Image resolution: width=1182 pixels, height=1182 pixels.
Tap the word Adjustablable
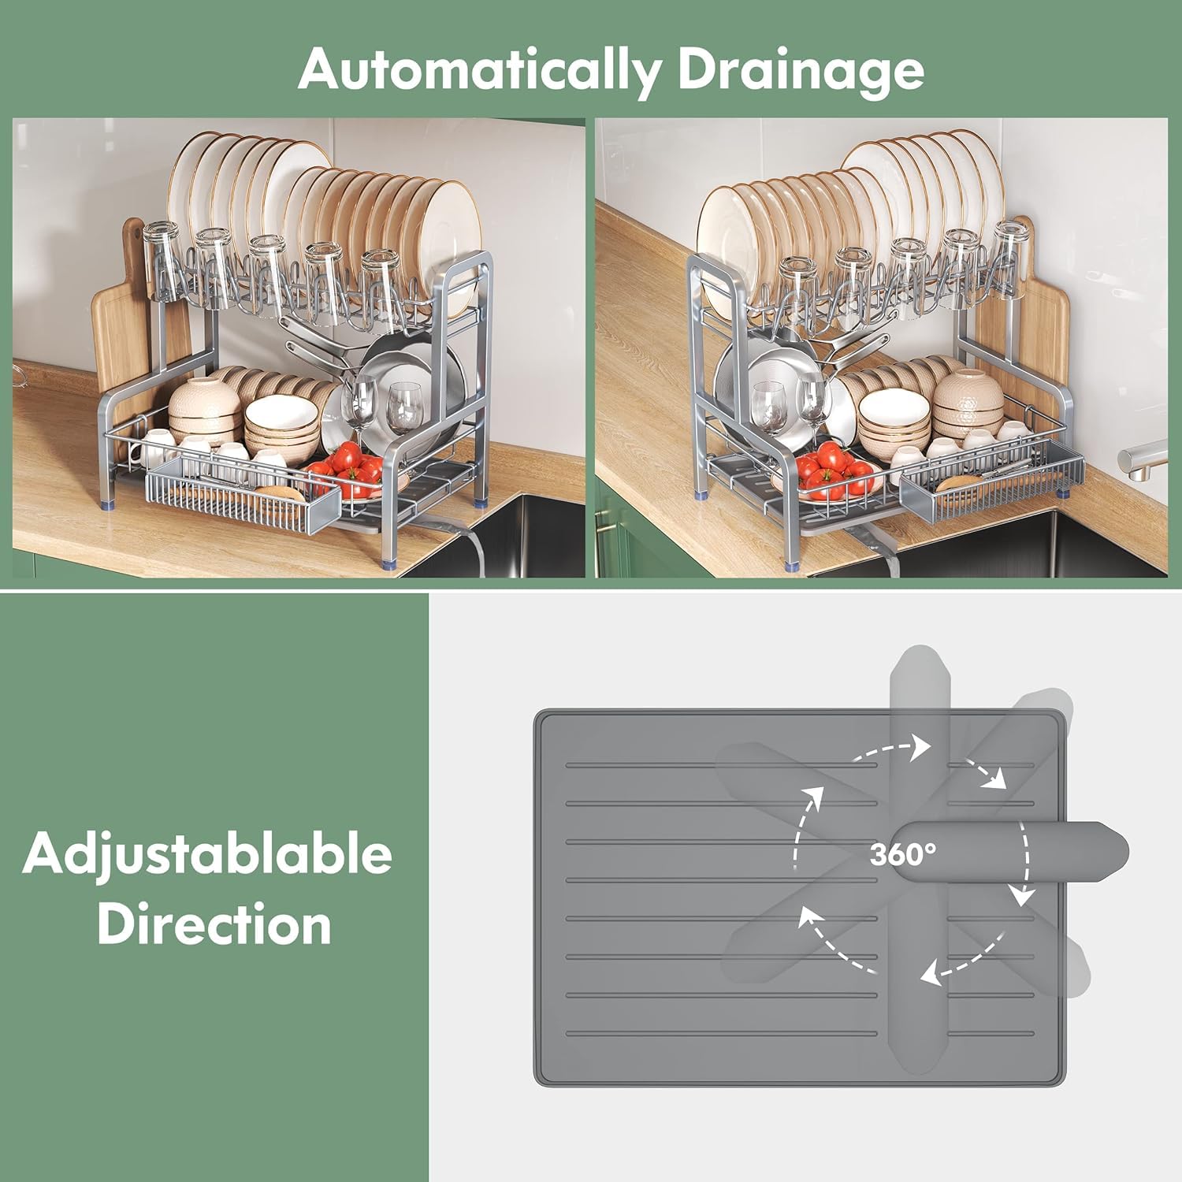click(x=207, y=854)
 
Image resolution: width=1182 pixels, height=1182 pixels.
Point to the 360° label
click(x=903, y=853)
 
